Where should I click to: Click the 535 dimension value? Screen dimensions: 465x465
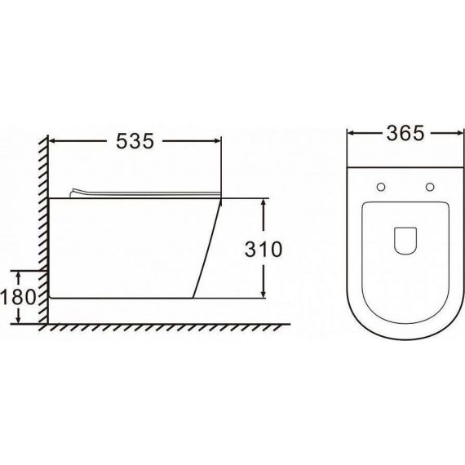point(135,141)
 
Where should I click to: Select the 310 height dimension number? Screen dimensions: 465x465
point(263,249)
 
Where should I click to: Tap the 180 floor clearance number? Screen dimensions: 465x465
point(18,297)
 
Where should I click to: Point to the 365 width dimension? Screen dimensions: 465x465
point(405,134)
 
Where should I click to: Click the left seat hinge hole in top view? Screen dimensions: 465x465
point(381,187)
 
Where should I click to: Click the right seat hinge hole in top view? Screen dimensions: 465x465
point(430,187)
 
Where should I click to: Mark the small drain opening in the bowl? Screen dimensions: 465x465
point(405,241)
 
